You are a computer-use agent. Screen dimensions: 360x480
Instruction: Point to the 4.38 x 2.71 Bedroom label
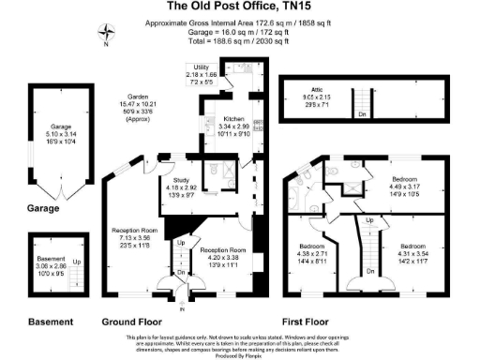311,258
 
